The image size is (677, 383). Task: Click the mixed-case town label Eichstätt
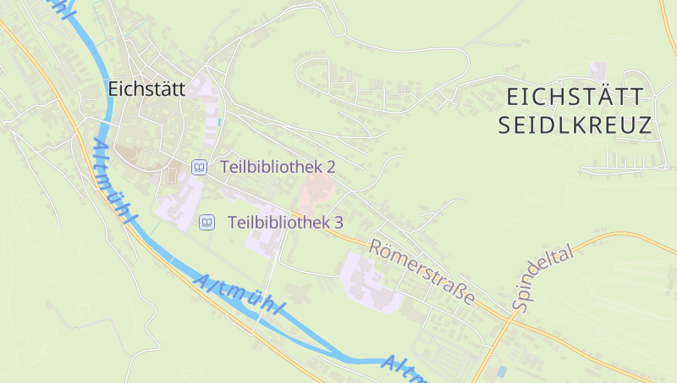point(146,88)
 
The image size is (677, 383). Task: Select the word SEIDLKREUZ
point(575,126)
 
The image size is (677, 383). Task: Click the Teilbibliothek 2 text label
point(278,167)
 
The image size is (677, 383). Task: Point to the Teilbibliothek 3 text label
point(285,223)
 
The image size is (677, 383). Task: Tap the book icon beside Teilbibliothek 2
point(199,167)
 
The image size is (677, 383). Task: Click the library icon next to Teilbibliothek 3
point(206,223)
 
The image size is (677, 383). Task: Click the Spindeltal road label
point(542,279)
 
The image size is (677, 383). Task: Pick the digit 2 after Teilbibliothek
point(331,167)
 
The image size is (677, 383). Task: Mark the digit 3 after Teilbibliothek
point(338,223)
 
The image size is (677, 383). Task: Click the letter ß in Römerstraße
point(461,295)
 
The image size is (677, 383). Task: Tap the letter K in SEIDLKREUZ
point(581,126)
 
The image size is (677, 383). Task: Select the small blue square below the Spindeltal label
point(502,371)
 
